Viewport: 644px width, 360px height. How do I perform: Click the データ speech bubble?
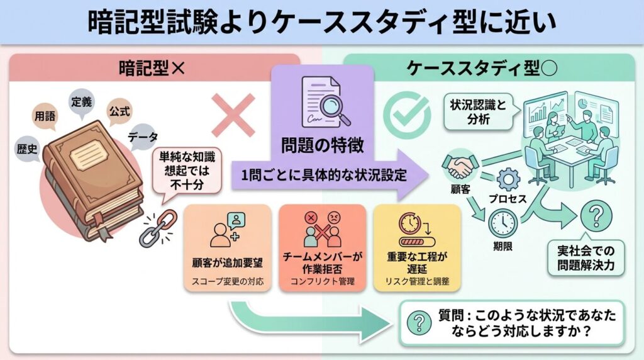(143, 135)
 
